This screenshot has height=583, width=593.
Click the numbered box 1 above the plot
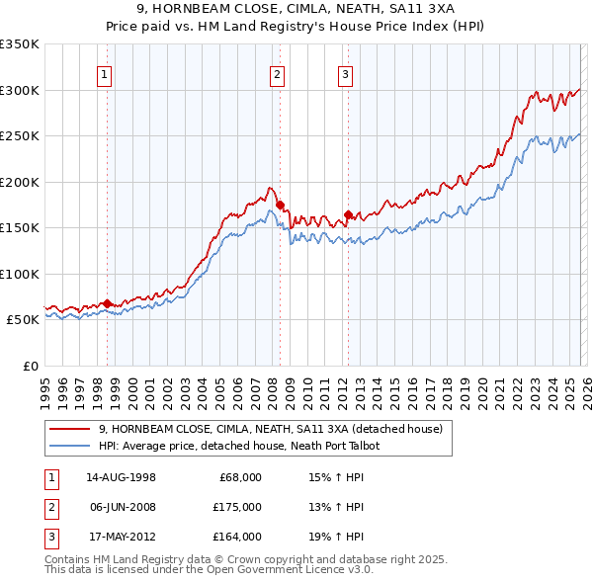(x=104, y=73)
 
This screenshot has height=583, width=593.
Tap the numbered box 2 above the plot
(x=277, y=73)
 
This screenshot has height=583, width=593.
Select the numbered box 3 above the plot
(x=346, y=73)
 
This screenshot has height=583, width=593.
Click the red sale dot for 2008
(x=280, y=206)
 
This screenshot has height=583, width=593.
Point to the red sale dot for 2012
(x=348, y=214)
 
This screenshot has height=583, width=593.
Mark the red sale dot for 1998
(x=108, y=303)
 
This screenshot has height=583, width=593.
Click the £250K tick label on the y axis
(x=20, y=135)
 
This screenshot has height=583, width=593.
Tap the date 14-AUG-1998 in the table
(x=121, y=477)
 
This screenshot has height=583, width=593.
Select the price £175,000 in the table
(x=238, y=507)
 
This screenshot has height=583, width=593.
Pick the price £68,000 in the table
(x=241, y=477)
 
